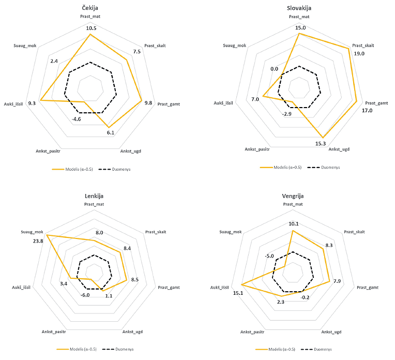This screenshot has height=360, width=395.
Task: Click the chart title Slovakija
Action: pyautogui.click(x=299, y=8)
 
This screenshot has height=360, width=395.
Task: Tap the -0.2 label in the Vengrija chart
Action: pyautogui.click(x=305, y=297)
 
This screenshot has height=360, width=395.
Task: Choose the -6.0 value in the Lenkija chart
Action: pyautogui.click(x=85, y=295)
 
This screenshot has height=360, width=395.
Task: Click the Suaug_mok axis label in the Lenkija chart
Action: pyautogui.click(x=32, y=232)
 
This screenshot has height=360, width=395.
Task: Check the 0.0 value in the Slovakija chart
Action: pyautogui.click(x=274, y=69)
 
